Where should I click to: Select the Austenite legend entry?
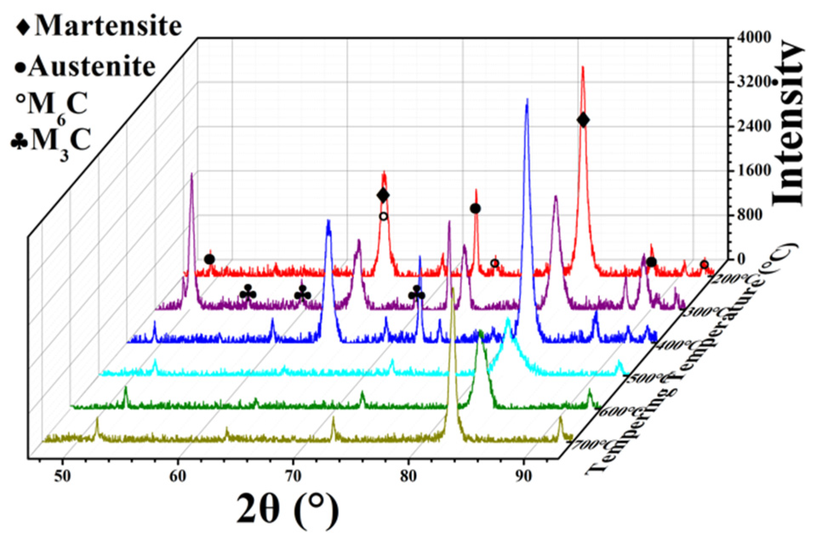coord(85,67)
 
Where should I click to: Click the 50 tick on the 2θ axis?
coord(63,476)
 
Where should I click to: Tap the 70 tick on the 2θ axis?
coord(293,476)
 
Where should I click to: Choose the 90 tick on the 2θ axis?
coord(523,476)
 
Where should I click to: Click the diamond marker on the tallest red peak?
coord(583,120)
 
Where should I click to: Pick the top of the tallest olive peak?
coord(453,289)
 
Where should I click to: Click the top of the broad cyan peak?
coord(508,319)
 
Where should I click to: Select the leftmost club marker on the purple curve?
coord(248,293)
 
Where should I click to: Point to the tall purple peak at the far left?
coord(191,174)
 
